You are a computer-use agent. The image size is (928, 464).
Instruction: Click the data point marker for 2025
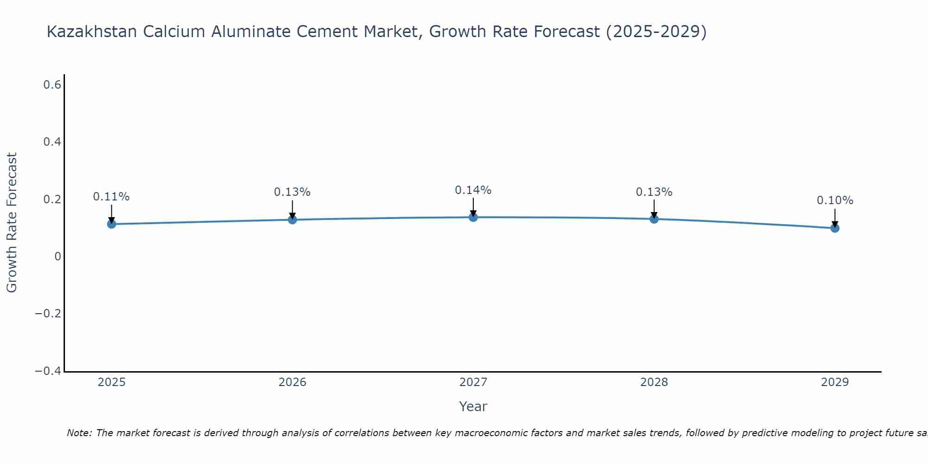(111, 224)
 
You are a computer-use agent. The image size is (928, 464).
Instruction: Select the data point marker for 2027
(473, 217)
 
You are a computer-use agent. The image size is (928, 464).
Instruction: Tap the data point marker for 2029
(835, 228)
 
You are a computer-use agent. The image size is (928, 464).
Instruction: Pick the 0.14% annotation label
(473, 190)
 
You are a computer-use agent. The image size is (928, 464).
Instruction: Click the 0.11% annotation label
(111, 197)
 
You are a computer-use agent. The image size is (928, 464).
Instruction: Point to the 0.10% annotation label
(835, 200)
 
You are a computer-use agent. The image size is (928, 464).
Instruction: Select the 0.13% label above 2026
(292, 192)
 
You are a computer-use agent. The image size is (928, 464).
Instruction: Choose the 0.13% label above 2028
(654, 192)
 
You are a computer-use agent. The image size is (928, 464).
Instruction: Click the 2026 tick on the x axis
(292, 382)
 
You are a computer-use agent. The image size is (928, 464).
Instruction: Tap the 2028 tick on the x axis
(654, 382)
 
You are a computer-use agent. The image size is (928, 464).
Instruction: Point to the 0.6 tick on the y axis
(52, 85)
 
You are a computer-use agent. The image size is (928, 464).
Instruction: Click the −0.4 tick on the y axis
(48, 371)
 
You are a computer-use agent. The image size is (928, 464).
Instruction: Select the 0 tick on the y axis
(58, 257)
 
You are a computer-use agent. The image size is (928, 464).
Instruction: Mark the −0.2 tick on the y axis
(48, 314)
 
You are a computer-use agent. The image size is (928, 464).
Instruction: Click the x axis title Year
(473, 407)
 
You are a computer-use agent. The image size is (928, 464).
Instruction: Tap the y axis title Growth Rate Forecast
(12, 223)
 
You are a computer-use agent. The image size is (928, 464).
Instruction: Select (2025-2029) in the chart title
(656, 32)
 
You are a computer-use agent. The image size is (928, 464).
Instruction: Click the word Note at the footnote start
(78, 433)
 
